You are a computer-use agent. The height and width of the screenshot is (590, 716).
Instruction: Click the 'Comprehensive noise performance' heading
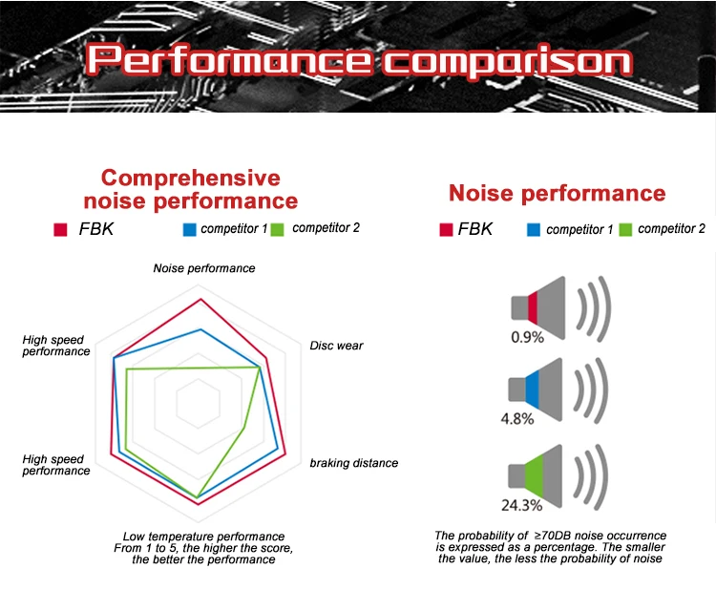pos(191,189)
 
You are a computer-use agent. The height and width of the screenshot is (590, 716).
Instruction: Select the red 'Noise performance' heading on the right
pos(558,194)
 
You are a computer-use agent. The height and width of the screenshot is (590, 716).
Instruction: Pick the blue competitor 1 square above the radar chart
pos(189,229)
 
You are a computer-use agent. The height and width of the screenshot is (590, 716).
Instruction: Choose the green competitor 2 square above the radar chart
pos(278,229)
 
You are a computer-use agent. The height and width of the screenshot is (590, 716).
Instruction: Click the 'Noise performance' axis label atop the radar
pos(204,268)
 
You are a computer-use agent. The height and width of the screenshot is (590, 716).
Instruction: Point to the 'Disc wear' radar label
pos(336,346)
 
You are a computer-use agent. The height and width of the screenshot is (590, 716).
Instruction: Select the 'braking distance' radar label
pos(354,463)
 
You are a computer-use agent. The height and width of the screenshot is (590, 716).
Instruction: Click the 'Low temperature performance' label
pos(203,537)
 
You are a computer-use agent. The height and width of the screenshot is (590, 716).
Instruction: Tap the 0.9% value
pos(527,336)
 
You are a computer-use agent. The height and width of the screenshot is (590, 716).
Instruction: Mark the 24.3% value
pos(521,504)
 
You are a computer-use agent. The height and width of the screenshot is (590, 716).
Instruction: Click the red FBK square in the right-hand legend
pos(445,230)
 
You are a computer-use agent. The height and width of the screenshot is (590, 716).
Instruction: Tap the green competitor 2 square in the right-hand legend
pos(626,230)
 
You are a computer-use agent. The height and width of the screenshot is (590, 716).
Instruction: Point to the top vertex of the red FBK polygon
pos(200,299)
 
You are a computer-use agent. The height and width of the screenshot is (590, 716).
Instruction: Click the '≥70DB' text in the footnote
pos(559,537)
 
